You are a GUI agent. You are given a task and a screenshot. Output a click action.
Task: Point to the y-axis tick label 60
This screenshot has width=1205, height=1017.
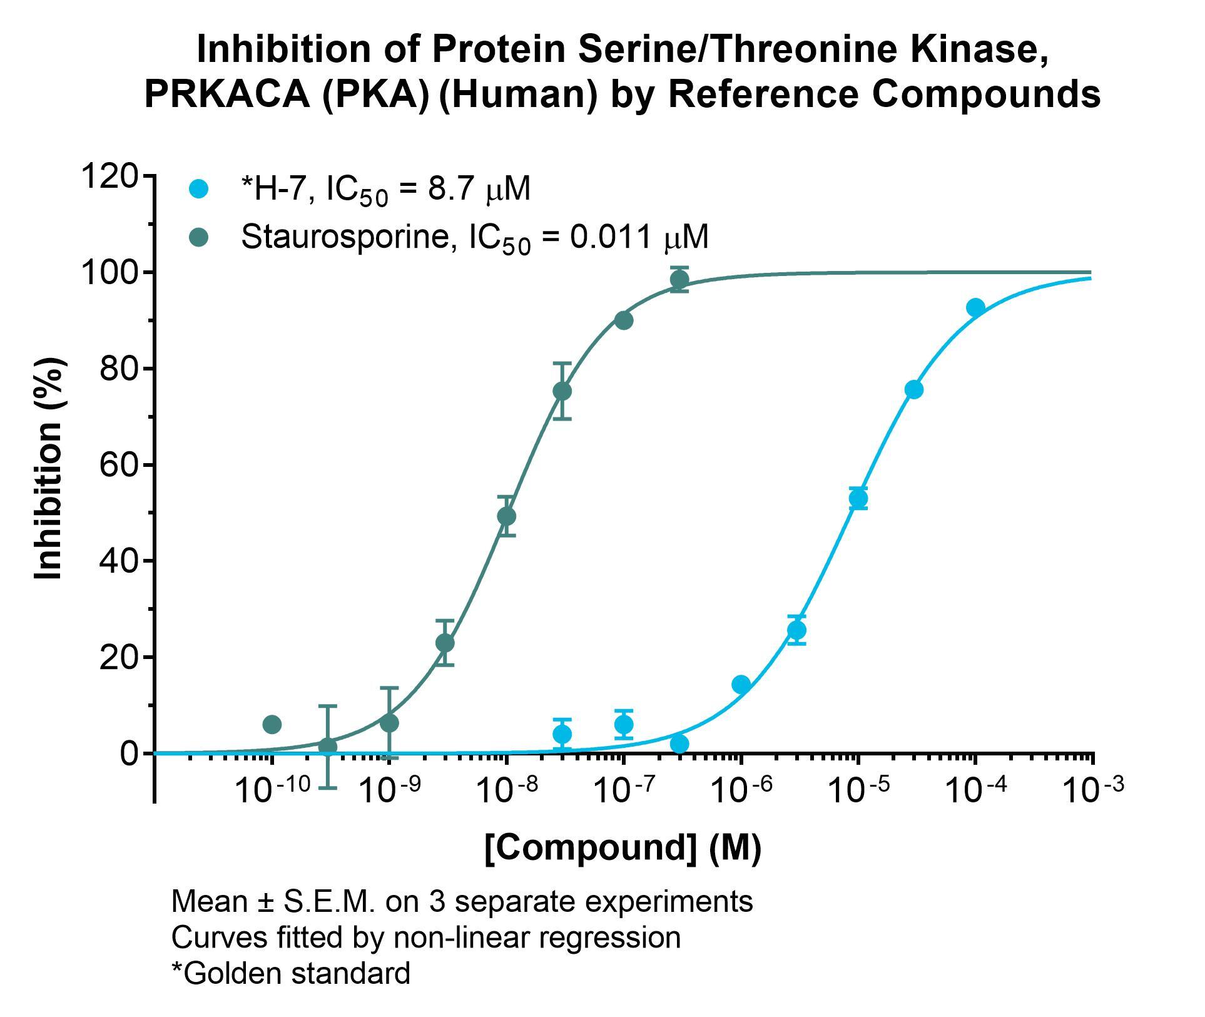click(x=119, y=465)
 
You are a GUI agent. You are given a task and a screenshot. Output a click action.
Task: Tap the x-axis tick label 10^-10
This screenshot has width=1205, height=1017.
click(x=272, y=790)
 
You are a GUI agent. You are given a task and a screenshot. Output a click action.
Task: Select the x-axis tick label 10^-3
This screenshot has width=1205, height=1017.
click(x=1094, y=790)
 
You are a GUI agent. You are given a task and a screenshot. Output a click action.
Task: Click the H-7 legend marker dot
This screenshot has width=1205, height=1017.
click(x=199, y=188)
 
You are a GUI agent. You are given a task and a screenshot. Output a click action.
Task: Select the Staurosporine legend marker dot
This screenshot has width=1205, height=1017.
click(x=199, y=237)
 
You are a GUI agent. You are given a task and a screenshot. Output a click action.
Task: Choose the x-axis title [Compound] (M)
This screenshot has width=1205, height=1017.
click(x=623, y=847)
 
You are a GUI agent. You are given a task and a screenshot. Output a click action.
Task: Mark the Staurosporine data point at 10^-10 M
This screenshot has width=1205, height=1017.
click(x=272, y=725)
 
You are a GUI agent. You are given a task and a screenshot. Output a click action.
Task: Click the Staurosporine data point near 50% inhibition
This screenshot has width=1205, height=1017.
click(x=507, y=516)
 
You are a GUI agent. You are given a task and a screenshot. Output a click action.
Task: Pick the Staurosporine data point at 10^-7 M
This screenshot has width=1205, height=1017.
click(x=624, y=320)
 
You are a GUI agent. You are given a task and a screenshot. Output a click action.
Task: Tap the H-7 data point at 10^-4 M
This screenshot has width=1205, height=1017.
click(x=975, y=307)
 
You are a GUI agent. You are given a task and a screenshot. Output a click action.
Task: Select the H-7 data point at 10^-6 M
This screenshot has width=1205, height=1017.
click(x=741, y=685)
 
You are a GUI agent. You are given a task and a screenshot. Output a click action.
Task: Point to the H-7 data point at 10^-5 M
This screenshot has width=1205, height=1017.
click(x=858, y=499)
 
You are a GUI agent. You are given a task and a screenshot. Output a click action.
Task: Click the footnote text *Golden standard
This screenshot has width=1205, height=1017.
click(x=291, y=973)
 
